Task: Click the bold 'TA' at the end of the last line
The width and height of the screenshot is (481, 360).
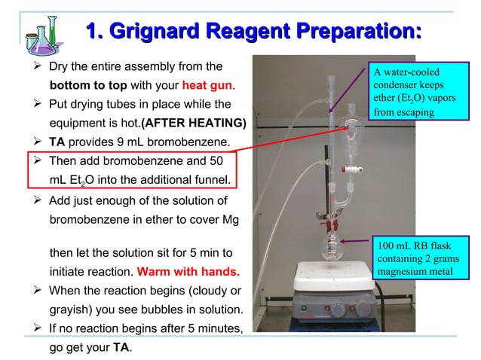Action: [120, 348]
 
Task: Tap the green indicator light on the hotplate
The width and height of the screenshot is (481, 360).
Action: [305, 308]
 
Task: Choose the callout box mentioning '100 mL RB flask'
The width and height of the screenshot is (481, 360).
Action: [421, 258]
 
